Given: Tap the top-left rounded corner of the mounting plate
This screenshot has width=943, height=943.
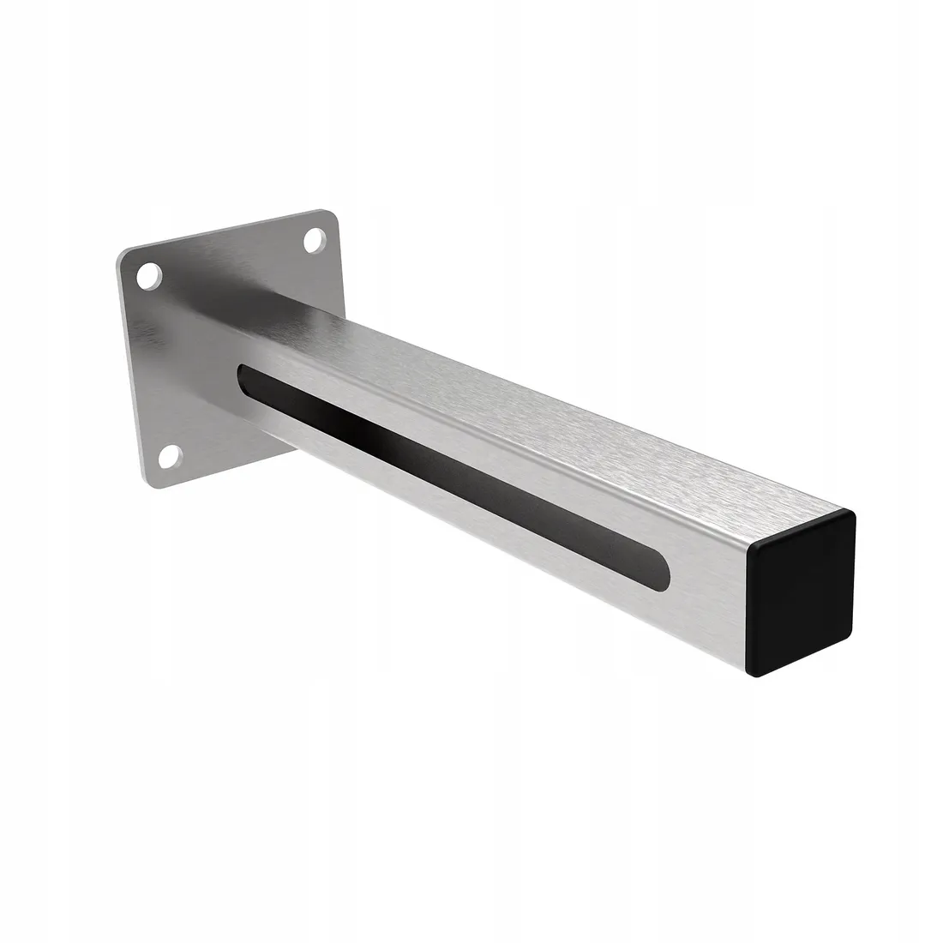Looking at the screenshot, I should click(x=123, y=255).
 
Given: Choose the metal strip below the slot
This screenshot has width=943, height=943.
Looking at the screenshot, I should click(x=480, y=540).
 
